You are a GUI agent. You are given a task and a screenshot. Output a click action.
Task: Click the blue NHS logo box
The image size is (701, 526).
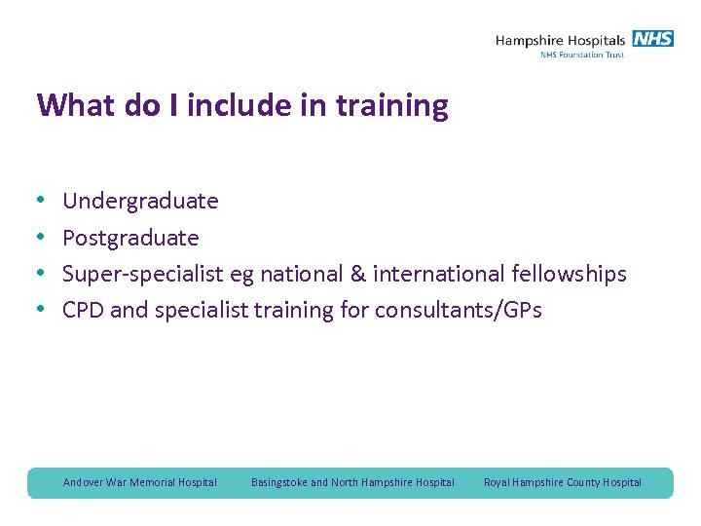[x=652, y=39]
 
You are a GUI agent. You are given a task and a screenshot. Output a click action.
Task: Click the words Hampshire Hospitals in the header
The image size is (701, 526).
[x=560, y=40]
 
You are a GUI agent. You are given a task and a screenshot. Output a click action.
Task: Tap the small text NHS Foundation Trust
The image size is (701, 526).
[x=582, y=55]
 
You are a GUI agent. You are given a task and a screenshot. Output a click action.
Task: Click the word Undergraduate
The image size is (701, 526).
[x=140, y=202]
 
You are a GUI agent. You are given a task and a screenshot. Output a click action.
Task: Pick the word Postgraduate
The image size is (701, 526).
[x=130, y=239]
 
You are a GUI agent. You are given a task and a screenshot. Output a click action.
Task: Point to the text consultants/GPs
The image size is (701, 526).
[x=460, y=311]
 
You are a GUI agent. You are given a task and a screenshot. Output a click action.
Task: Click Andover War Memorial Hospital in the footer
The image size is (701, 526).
[x=140, y=482]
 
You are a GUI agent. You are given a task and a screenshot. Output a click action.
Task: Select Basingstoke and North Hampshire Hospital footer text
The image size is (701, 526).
[x=352, y=482]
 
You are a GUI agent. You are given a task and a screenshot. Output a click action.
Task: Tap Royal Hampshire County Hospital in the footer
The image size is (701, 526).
[x=563, y=482]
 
